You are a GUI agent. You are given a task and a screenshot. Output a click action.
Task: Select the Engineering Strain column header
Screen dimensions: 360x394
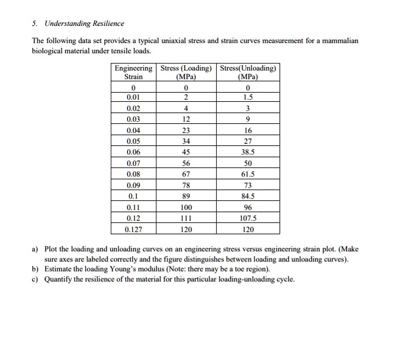point(133,72)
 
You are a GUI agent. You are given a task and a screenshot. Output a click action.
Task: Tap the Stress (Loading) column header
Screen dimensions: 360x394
point(187,72)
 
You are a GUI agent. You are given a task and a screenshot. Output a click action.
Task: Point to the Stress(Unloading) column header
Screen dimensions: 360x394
point(247,72)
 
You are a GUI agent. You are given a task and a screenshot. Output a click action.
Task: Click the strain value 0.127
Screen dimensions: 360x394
point(133,229)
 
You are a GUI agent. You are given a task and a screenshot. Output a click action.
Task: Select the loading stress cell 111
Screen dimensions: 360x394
point(187,218)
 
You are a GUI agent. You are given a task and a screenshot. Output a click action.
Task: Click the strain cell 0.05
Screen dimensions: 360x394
point(133,142)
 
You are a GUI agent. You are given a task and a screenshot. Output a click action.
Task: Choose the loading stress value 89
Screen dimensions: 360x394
point(187,196)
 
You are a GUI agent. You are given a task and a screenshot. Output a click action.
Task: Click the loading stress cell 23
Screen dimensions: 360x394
point(187,130)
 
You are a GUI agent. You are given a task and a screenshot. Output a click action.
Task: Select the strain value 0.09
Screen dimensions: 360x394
point(133,185)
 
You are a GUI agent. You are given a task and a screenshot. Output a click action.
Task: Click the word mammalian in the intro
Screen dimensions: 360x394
point(340,41)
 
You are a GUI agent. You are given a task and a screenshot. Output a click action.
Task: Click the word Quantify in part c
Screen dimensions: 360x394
point(59,279)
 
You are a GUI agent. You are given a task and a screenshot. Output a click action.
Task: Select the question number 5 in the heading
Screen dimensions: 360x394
point(34,24)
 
